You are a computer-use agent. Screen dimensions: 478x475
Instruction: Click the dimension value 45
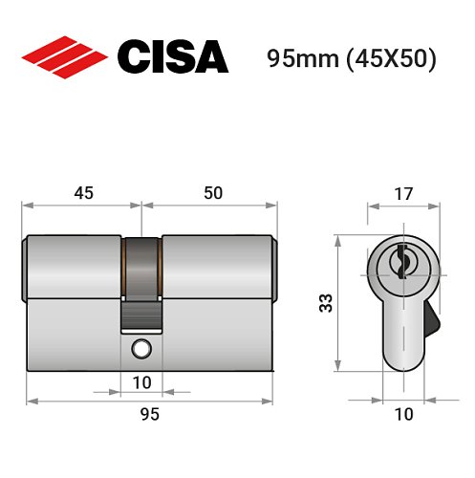[x=83, y=193]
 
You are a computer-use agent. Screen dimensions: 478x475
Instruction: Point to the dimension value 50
[x=212, y=193]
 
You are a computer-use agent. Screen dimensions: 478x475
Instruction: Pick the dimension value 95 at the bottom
[x=149, y=414]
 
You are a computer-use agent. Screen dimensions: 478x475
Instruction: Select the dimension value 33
[x=326, y=304]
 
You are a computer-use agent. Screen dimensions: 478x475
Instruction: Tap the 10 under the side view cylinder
[x=141, y=381]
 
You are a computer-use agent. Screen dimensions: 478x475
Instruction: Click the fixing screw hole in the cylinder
[x=141, y=348]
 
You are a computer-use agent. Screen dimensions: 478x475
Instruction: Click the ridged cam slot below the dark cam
[x=141, y=313]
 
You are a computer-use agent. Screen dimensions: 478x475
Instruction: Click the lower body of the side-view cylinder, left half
[x=72, y=335]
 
